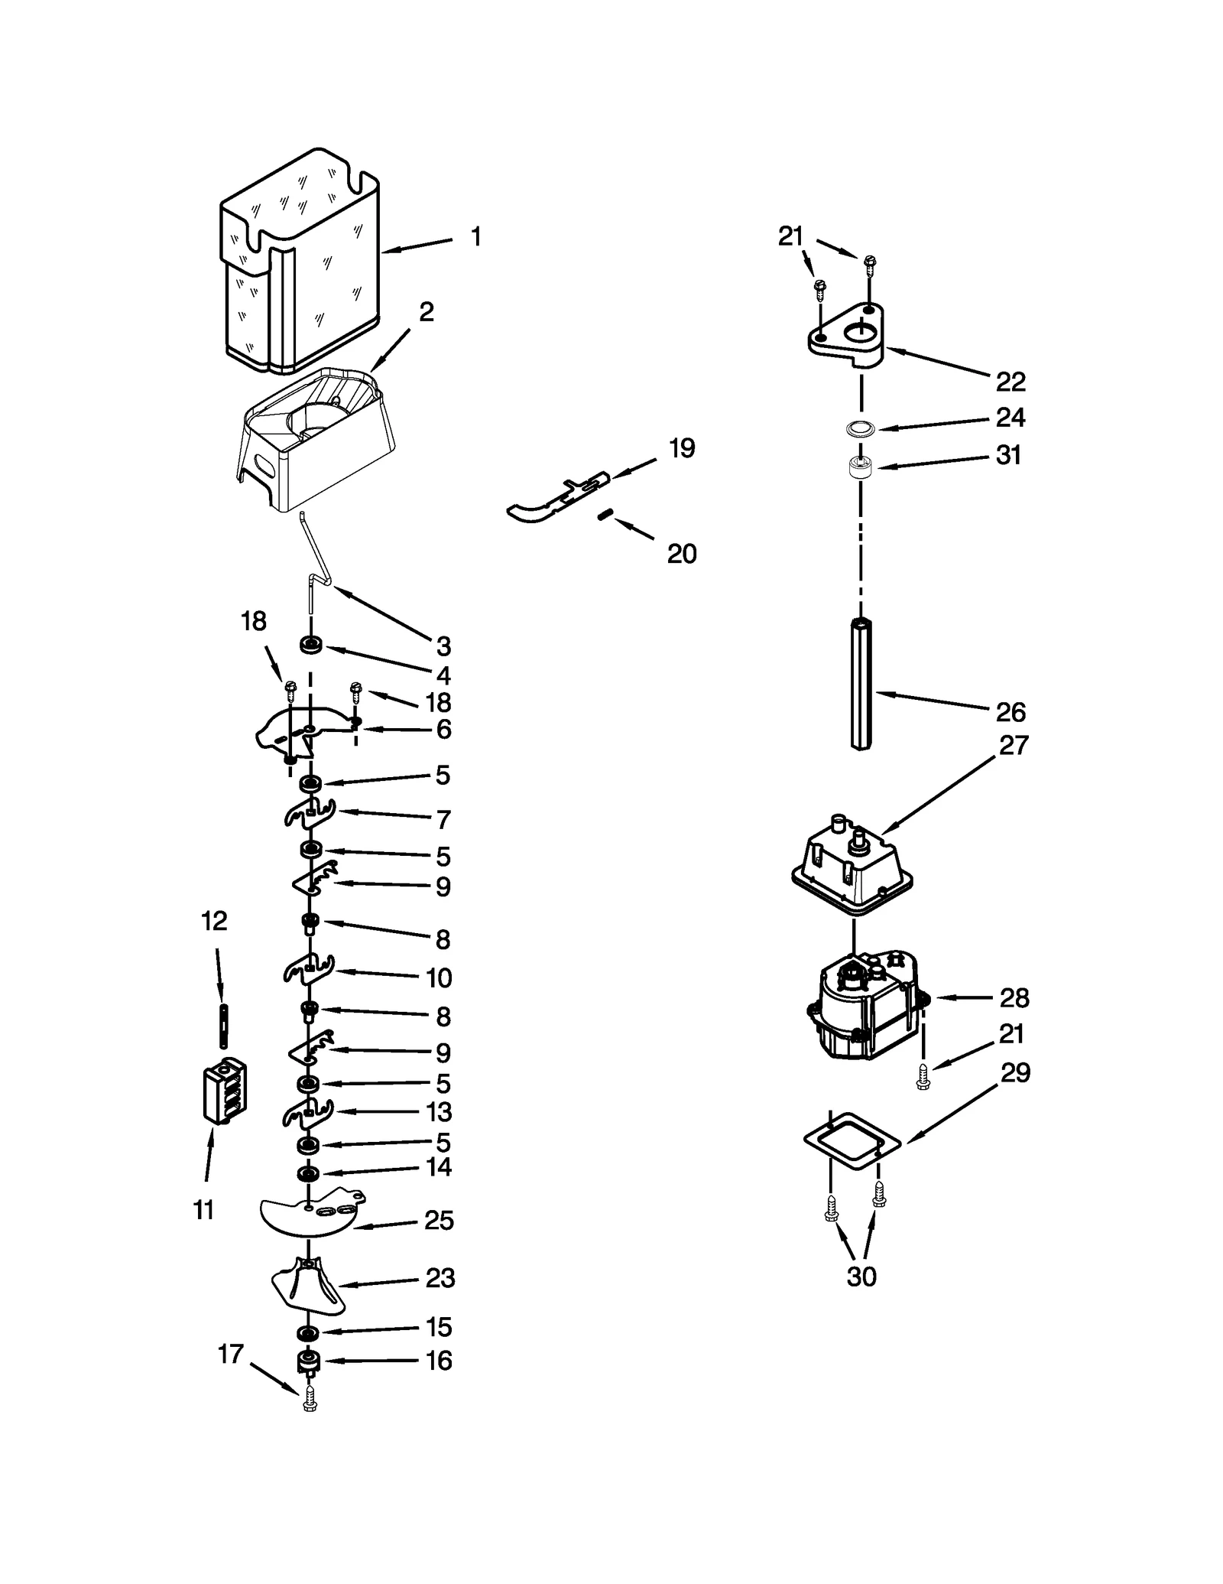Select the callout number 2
(426, 311)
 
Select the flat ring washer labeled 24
(861, 428)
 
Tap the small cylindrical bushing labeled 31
(861, 467)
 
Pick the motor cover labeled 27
(852, 864)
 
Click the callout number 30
(861, 1276)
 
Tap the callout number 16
(439, 1361)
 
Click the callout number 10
(439, 977)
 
